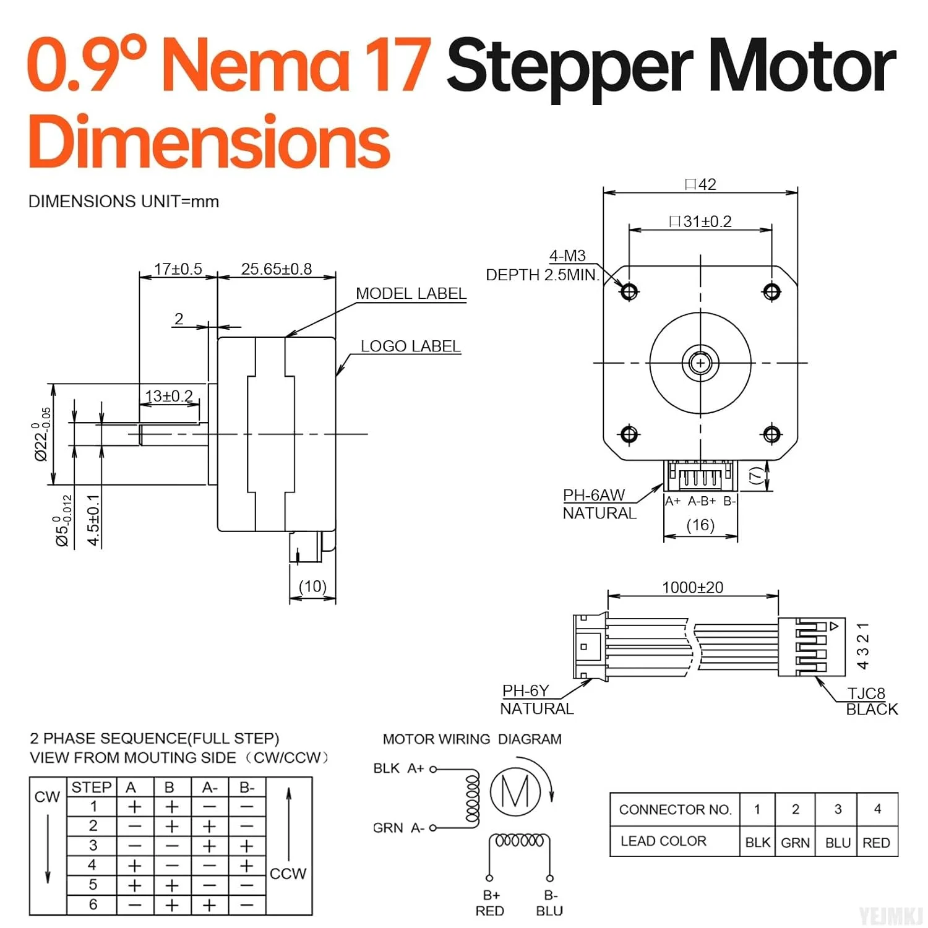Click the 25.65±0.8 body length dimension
276,269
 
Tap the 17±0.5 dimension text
178,269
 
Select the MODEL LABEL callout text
411,294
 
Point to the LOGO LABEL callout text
411,346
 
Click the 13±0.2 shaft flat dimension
168,396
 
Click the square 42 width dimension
700,184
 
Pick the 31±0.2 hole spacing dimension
700,221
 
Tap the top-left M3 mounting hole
629,291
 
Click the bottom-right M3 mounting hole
771,434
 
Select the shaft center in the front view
700,363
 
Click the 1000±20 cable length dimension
692,587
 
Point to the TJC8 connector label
866,694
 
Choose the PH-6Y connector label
525,690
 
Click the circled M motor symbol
515,791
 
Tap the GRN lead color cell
795,843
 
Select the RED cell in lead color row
876,843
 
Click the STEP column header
92,787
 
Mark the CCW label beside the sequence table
288,874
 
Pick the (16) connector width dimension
700,525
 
